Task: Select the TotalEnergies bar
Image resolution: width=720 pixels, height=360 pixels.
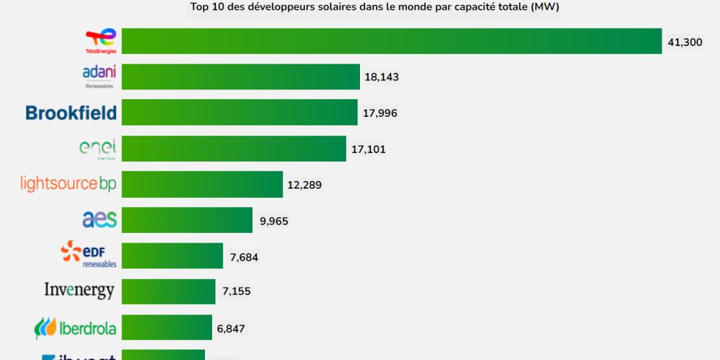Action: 392,41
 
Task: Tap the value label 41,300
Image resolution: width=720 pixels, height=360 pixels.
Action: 685,42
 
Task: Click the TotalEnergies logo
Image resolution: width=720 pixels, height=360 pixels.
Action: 101,41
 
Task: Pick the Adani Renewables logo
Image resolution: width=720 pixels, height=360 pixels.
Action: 100,76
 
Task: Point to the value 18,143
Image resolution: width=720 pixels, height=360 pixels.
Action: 381,77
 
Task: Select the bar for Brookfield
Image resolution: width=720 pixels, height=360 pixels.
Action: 239,112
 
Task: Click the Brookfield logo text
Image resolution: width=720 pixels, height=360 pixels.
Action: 71,113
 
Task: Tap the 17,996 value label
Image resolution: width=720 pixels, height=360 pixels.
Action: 380,113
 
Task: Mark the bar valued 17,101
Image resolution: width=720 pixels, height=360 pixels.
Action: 234,149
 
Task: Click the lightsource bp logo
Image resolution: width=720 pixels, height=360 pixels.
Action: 68,184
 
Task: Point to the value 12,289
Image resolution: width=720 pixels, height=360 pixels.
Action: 304,185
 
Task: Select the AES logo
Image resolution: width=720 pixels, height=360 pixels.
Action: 99,221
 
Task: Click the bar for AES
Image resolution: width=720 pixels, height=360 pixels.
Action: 187,221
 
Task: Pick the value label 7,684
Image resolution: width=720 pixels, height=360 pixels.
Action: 244,258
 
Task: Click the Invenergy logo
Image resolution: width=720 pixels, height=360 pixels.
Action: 79,290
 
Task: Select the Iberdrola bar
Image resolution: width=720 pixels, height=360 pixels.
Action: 167,328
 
